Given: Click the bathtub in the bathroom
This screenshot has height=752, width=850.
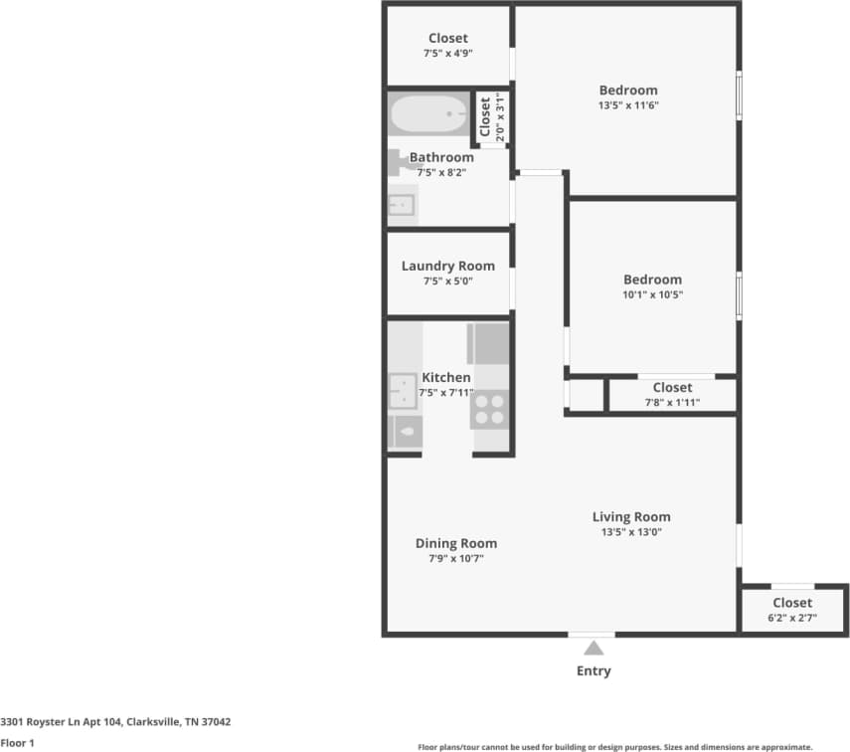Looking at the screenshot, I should click(x=428, y=114).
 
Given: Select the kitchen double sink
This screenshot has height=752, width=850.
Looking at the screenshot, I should click(x=404, y=391).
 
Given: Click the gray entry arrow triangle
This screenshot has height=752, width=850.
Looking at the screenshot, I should click(x=593, y=648).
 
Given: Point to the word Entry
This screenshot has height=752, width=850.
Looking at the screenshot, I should click(x=594, y=671).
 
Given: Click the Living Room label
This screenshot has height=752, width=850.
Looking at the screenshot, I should click(x=631, y=516).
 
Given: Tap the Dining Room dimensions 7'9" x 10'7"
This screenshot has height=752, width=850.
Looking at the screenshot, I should click(x=455, y=558).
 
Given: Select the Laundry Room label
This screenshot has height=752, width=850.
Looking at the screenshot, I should click(x=447, y=266).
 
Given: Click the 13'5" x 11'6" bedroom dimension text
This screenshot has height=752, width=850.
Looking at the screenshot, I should click(x=628, y=105).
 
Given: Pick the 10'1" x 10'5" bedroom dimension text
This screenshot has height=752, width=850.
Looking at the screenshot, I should click(x=652, y=294).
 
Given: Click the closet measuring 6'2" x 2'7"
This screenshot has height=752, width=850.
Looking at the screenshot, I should click(x=792, y=610).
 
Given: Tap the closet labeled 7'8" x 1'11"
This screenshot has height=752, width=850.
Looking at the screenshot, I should click(x=672, y=395).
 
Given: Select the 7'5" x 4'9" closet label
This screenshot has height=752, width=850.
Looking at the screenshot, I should click(x=447, y=46).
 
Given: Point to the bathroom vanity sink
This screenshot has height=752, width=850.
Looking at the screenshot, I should click(x=402, y=205).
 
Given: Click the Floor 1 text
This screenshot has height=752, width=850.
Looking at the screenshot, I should click(x=18, y=742).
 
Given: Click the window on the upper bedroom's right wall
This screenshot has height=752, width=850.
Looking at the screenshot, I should click(x=739, y=94).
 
